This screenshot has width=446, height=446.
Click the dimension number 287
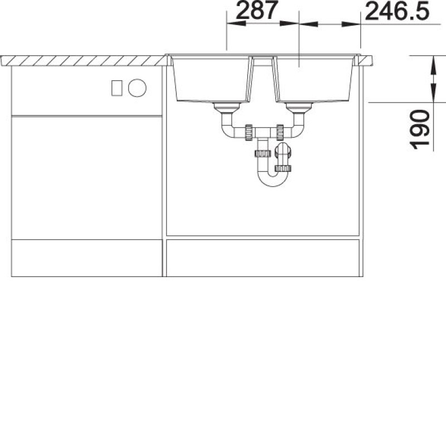[256, 10]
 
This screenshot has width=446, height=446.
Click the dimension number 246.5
[397, 11]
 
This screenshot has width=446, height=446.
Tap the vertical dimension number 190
[420, 130]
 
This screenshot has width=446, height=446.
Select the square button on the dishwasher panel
[117, 88]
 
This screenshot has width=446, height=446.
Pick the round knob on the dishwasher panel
[137, 88]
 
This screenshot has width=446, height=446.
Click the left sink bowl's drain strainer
[227, 108]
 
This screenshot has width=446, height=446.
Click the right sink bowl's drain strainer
[299, 108]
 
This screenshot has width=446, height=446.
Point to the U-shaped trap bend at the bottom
[273, 180]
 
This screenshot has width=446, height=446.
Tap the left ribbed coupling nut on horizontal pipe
[249, 132]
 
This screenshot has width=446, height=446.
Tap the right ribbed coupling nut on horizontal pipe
[280, 132]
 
